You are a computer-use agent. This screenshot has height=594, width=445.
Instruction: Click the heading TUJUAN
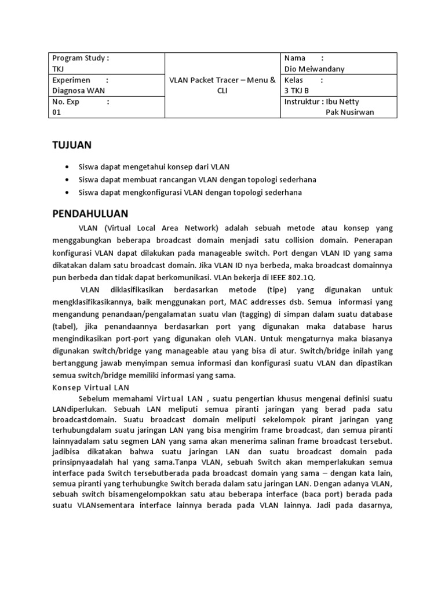[72, 144]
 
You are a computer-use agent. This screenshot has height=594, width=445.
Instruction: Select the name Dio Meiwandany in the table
[314, 69]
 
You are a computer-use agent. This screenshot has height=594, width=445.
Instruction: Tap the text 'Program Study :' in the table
[81, 58]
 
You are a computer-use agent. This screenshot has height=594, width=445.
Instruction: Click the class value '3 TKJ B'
[297, 91]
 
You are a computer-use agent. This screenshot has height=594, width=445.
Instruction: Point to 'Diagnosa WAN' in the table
[79, 91]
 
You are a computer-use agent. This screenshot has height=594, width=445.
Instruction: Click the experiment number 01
[56, 113]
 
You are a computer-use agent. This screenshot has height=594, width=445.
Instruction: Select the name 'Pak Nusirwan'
[350, 113]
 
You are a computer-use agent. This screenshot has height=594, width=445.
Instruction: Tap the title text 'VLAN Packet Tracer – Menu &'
[222, 80]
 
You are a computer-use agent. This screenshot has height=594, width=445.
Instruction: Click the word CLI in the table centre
[222, 91]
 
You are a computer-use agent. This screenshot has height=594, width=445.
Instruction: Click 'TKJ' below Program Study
[59, 69]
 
